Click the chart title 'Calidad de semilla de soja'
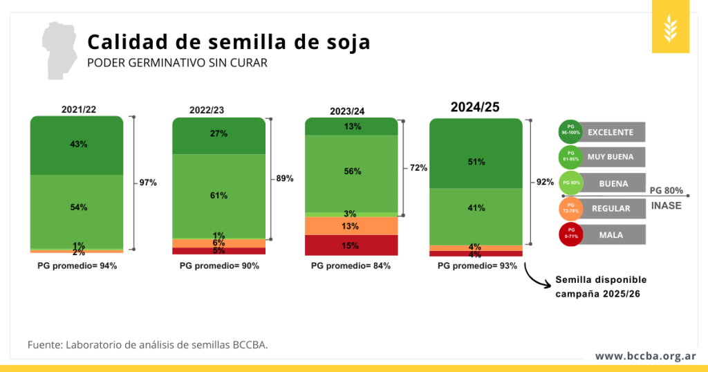click(x=228, y=42)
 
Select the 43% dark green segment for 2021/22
click(x=77, y=145)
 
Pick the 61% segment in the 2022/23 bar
click(x=218, y=196)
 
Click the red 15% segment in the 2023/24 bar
click(x=351, y=245)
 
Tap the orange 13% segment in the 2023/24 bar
click(x=351, y=226)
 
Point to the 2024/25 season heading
click(x=475, y=107)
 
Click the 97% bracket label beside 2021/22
click(x=148, y=183)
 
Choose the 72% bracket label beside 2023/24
click(x=418, y=168)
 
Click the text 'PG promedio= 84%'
click(x=351, y=266)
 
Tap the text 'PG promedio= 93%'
click(x=477, y=266)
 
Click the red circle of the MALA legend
click(x=570, y=235)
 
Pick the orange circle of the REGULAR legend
click(x=570, y=209)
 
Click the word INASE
click(x=667, y=206)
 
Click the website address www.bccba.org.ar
click(x=645, y=356)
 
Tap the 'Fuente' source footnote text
click(x=147, y=344)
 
